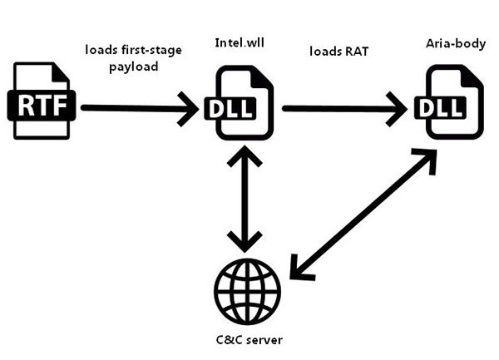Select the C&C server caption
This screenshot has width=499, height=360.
pos(247,341)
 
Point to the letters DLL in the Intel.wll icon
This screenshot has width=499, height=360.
pos(230,108)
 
